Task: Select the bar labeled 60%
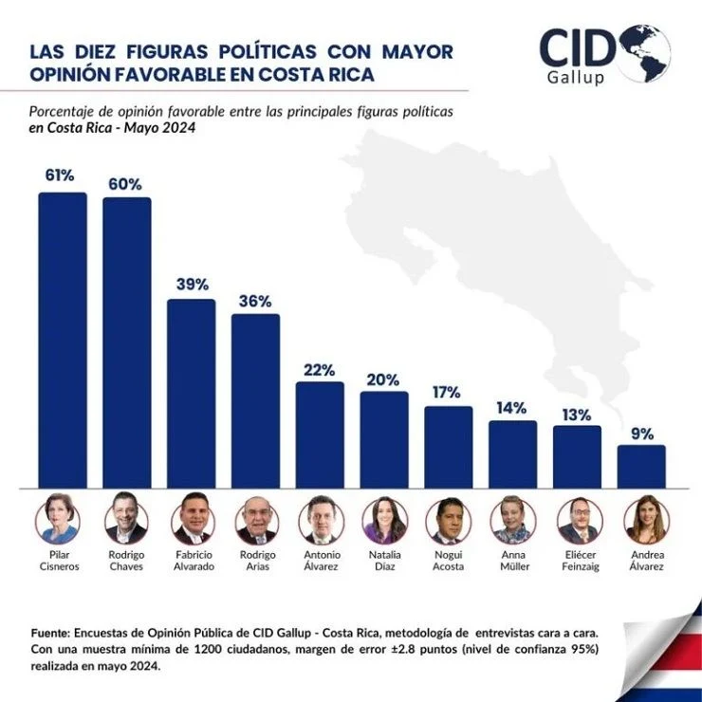point(126,342)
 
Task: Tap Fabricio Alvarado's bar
point(191,393)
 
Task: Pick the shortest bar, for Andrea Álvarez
point(641,466)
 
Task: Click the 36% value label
point(255,301)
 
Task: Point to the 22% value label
point(320,369)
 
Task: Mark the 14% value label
point(512,408)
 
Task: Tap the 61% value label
point(59,175)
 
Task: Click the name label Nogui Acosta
point(449,560)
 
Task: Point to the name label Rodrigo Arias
point(255,560)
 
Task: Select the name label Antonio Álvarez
point(320,560)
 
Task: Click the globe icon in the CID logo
point(644,51)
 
